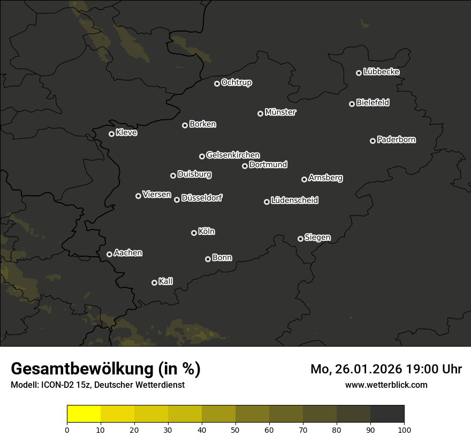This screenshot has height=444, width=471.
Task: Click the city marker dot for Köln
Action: pyautogui.click(x=194, y=233)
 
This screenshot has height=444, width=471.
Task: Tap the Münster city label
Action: pyautogui.click(x=280, y=112)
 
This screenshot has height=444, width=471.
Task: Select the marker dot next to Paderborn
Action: pyautogui.click(x=373, y=141)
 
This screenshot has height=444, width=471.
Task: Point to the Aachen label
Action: pyautogui.click(x=128, y=253)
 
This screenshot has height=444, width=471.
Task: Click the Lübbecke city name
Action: pyautogui.click(x=381, y=72)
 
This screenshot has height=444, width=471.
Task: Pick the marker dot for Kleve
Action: pyautogui.click(x=111, y=134)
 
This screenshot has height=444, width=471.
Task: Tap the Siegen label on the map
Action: pyautogui.click(x=317, y=238)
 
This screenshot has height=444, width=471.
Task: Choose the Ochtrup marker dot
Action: pyautogui.click(x=217, y=83)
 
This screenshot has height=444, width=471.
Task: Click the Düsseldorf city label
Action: pyautogui.click(x=202, y=198)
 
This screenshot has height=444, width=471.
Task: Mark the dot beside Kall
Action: pyautogui.click(x=154, y=282)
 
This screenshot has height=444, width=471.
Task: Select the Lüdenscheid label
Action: pyautogui.click(x=294, y=201)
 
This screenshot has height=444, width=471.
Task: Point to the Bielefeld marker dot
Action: pyautogui.click(x=352, y=104)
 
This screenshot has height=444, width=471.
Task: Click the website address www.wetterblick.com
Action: pyautogui.click(x=386, y=385)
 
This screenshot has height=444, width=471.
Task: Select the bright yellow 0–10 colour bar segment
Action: pyautogui.click(x=83, y=414)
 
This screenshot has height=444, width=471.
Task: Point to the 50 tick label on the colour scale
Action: pyautogui.click(x=236, y=430)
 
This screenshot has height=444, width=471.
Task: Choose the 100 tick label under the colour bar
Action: pyautogui.click(x=404, y=430)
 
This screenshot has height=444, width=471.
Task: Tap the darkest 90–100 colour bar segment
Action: pyautogui.click(x=387, y=414)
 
